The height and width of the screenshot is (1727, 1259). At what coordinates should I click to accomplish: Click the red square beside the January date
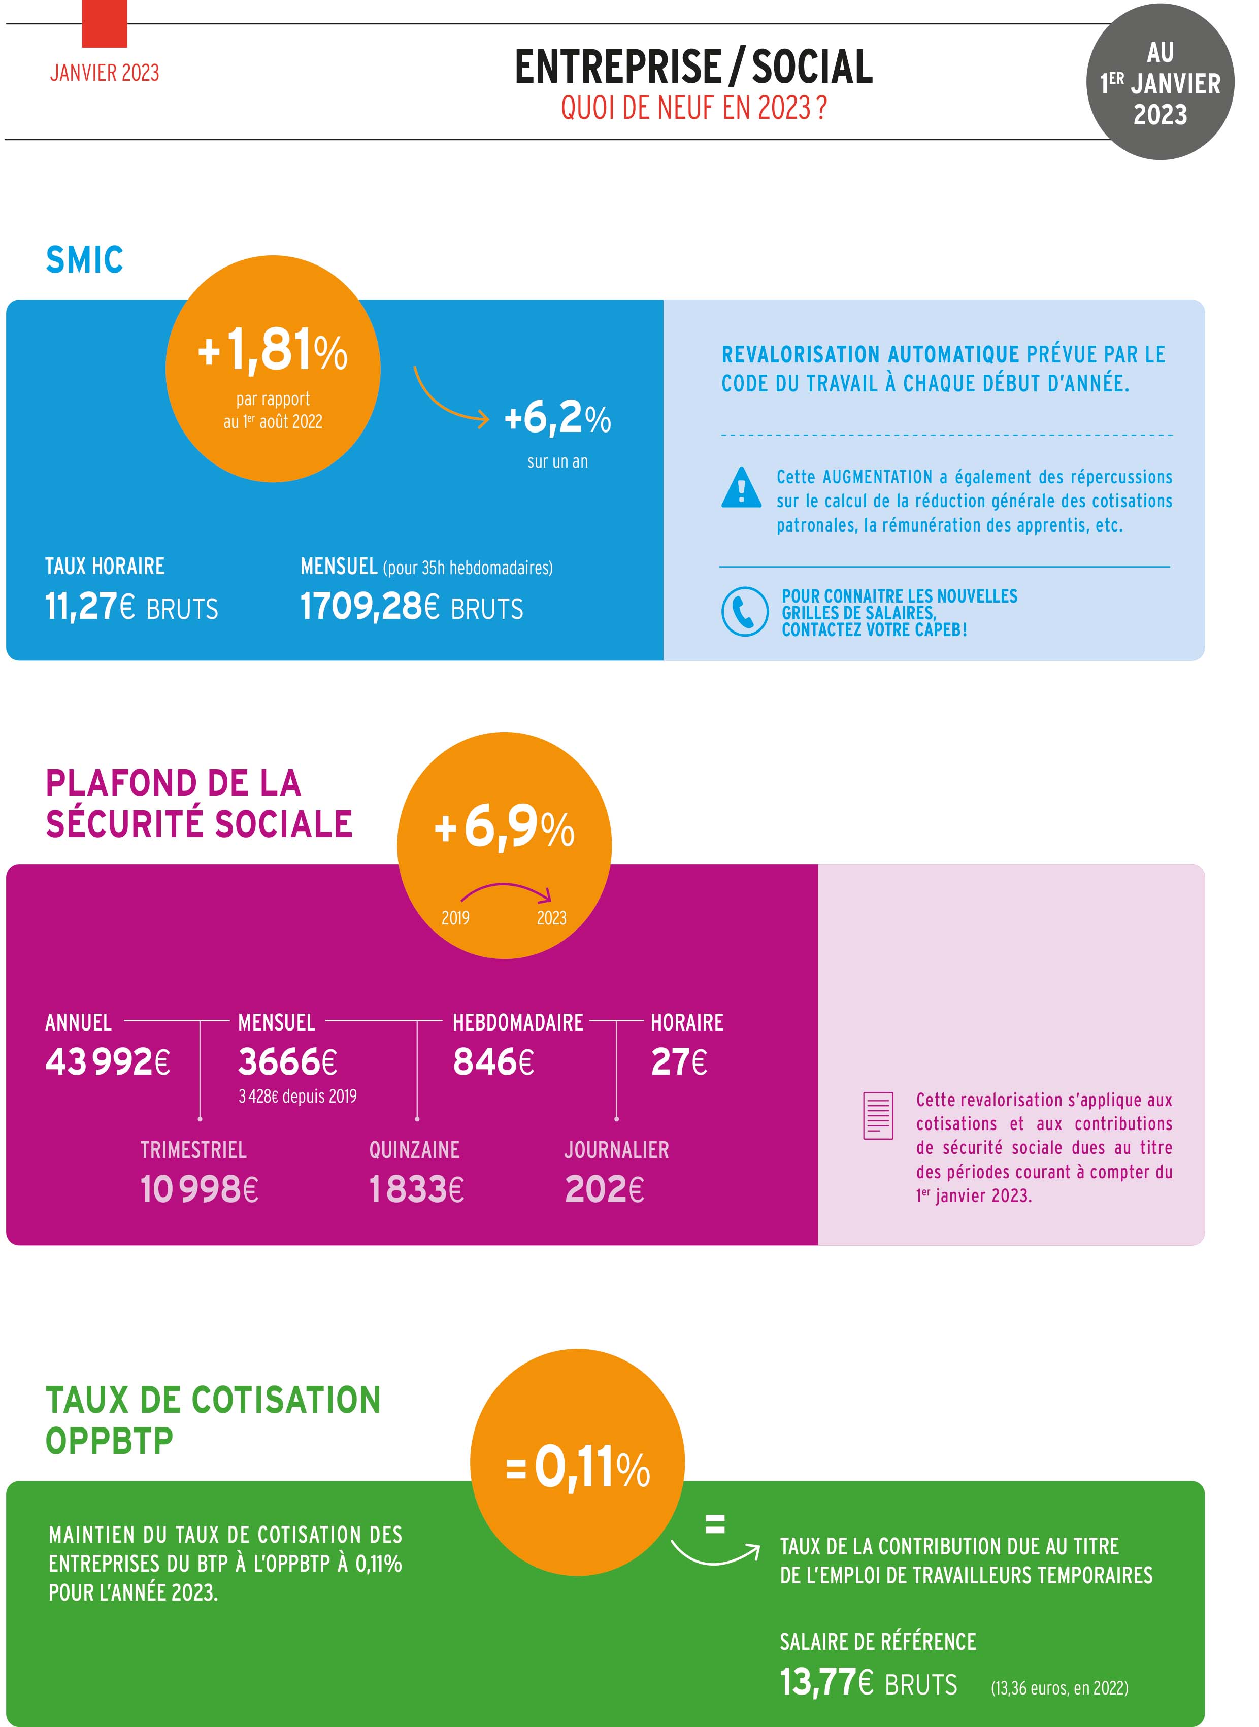(x=105, y=24)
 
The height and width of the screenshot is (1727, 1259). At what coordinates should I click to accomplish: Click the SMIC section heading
(x=85, y=260)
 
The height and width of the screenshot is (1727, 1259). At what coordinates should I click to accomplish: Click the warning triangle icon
(x=741, y=488)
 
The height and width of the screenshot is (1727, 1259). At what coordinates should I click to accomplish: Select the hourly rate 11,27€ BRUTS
(x=131, y=607)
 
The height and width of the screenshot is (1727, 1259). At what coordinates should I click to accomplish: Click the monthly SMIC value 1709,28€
(x=412, y=607)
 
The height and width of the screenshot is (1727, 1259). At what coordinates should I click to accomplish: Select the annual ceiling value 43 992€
(x=108, y=1061)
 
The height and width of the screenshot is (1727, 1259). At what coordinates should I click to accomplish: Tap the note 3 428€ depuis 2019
(x=297, y=1096)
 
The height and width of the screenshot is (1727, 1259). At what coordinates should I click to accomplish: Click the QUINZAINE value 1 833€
(x=416, y=1189)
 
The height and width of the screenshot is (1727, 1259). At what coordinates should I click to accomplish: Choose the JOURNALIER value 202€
(x=604, y=1189)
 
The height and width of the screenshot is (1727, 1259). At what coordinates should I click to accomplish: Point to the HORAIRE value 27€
(x=678, y=1061)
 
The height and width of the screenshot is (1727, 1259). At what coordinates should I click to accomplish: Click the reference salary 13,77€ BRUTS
(x=868, y=1682)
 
